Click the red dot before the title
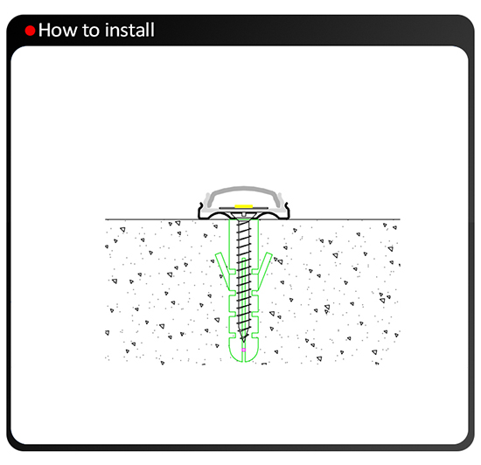(30, 31)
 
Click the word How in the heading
(58, 30)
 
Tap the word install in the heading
(129, 30)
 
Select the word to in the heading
(92, 31)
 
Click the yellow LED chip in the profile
(244, 206)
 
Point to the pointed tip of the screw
(244, 342)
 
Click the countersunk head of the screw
(244, 217)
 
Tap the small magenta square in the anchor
(244, 350)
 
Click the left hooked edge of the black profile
(200, 211)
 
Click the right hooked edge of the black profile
(287, 211)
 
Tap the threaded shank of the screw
(244, 279)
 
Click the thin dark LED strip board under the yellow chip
(244, 209)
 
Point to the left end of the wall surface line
(106, 219)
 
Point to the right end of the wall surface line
(400, 219)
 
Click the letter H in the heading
(45, 30)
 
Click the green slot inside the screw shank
(244, 295)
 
